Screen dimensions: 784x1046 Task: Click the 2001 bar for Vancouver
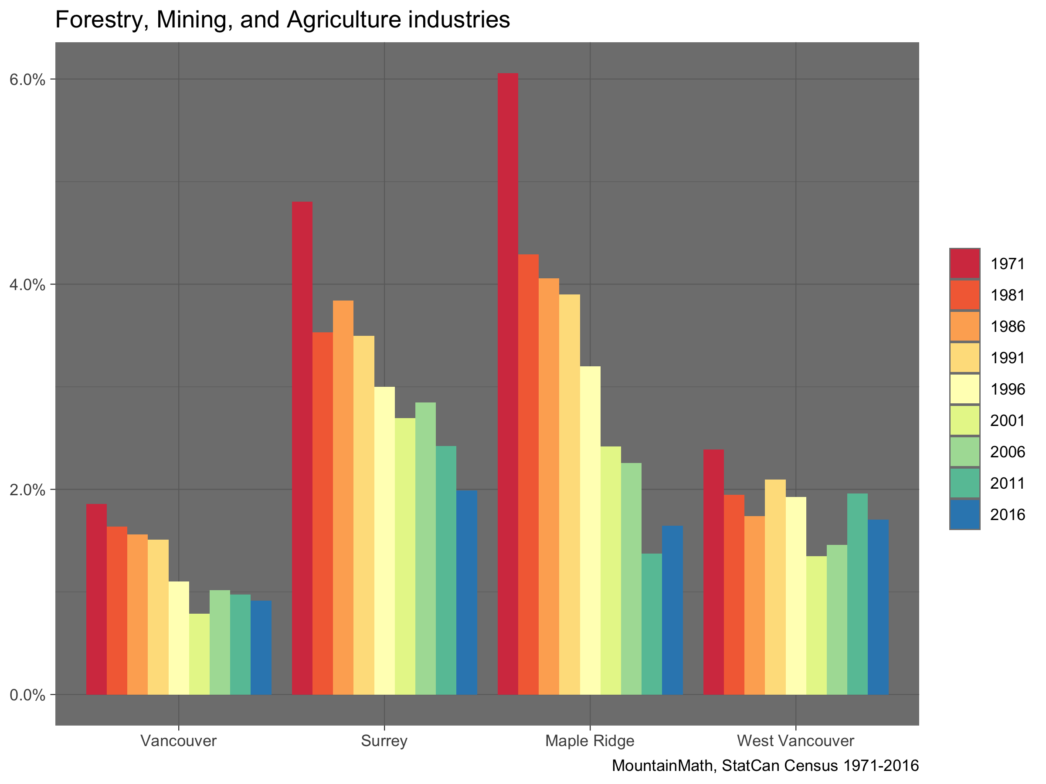coord(200,654)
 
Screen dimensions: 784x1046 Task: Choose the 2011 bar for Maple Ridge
coord(652,624)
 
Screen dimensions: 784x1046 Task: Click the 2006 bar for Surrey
coord(425,549)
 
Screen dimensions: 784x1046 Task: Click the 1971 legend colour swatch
coord(964,264)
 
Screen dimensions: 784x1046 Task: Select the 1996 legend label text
coord(1008,389)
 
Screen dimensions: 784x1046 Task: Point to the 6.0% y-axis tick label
coord(27,79)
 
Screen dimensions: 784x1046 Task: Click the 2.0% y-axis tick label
coord(27,490)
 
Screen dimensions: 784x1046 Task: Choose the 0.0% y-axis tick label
coord(27,695)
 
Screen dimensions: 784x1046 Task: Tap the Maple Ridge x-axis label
coord(590,740)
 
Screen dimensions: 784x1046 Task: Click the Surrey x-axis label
coord(384,740)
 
